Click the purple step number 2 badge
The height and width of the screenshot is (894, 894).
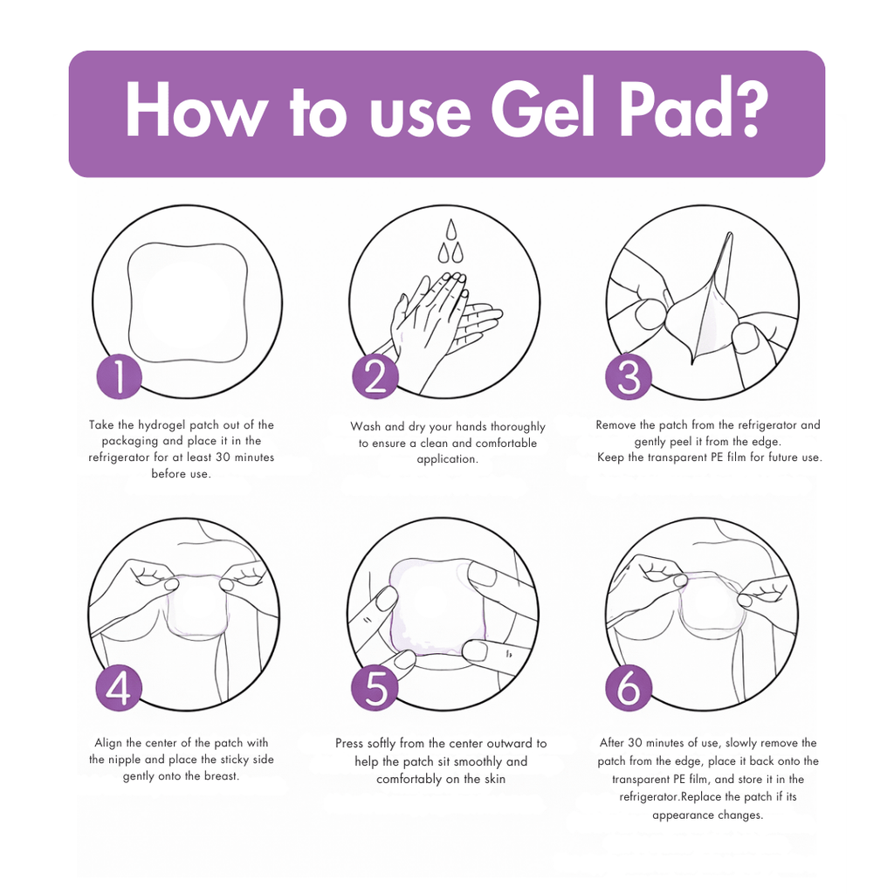click(375, 376)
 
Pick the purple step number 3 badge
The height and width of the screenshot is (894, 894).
click(629, 376)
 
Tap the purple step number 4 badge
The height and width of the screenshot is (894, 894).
click(119, 688)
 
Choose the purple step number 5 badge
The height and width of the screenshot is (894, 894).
click(375, 688)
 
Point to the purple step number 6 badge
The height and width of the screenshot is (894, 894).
click(629, 688)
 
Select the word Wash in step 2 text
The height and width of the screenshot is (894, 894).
click(366, 427)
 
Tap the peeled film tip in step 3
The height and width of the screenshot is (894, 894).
click(727, 237)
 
